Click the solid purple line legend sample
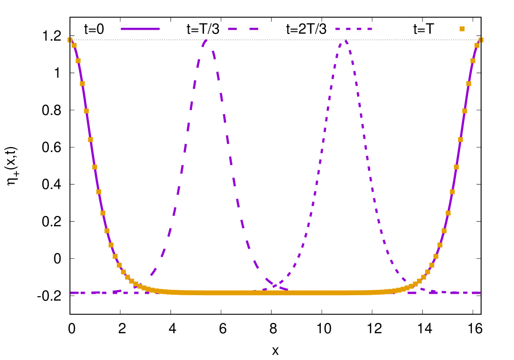click(x=140, y=29)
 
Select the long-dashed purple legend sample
click(x=243, y=29)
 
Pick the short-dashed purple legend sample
click(x=354, y=29)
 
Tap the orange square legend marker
click(x=462, y=29)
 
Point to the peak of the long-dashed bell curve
click(x=206, y=40)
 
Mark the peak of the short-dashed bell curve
click(x=345, y=40)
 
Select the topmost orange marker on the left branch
click(x=74, y=45)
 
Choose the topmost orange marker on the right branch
click(x=477, y=45)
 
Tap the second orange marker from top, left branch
click(x=78, y=61)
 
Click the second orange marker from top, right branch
click(x=473, y=61)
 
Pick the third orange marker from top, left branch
click(x=82, y=84)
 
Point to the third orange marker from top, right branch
click(x=469, y=84)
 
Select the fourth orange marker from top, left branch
click(x=86, y=111)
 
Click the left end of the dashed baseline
click(x=71, y=293)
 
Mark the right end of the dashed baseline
click(x=480, y=293)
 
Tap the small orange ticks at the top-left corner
click(x=70, y=40)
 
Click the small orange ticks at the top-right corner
click(x=481, y=40)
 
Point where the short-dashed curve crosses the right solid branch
click(x=415, y=284)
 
